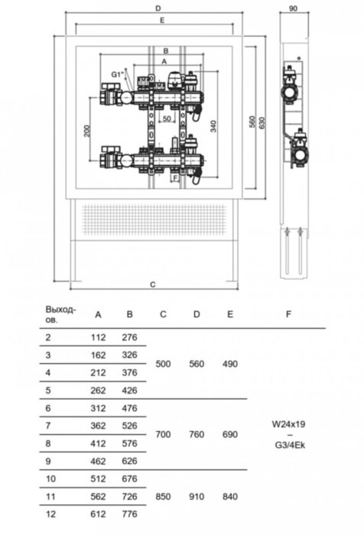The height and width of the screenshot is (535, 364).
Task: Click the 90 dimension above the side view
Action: point(293,8)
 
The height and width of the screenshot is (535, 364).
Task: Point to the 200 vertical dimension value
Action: point(87,131)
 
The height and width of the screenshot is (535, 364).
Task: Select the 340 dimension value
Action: point(213,126)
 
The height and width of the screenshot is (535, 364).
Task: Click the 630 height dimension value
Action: point(262,123)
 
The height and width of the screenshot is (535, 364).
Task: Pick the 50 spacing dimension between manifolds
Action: point(167,118)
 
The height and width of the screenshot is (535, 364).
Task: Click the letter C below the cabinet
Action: point(153,284)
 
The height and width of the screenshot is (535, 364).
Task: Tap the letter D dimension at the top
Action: point(158,8)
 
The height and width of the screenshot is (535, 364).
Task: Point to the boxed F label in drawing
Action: point(175,178)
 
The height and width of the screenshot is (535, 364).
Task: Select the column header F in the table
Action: point(288,314)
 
